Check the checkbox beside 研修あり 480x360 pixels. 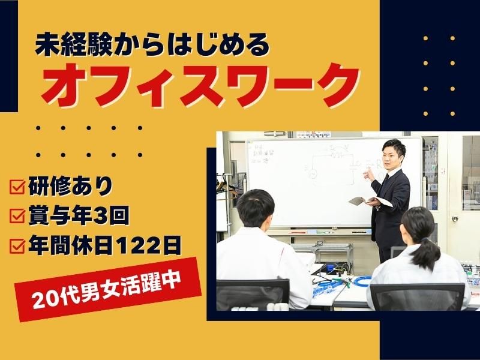(x=18, y=187)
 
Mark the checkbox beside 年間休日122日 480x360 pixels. (x=18, y=245)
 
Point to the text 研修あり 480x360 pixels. (x=70, y=187)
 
